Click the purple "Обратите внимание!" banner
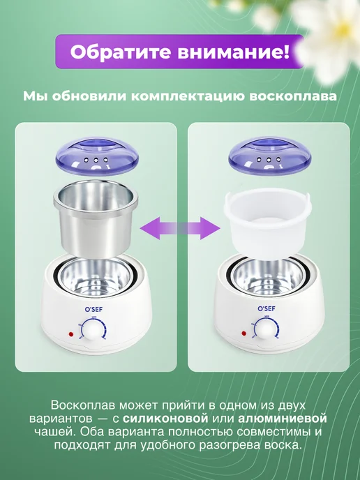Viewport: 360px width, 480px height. (179, 52)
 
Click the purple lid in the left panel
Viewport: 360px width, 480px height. (97, 156)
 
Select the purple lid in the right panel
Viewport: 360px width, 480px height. (270, 156)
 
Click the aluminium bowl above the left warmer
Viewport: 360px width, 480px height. (96, 218)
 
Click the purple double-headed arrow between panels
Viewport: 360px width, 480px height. (180, 228)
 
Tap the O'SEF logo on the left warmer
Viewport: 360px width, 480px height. (93, 310)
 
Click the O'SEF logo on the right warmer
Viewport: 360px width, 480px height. (267, 308)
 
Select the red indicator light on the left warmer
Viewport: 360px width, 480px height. (71, 333)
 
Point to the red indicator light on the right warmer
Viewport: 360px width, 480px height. (244, 333)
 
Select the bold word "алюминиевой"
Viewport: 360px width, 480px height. (283, 419)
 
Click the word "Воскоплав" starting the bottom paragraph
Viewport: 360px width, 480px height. (84, 405)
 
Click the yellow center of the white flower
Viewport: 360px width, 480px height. (342, 30)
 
